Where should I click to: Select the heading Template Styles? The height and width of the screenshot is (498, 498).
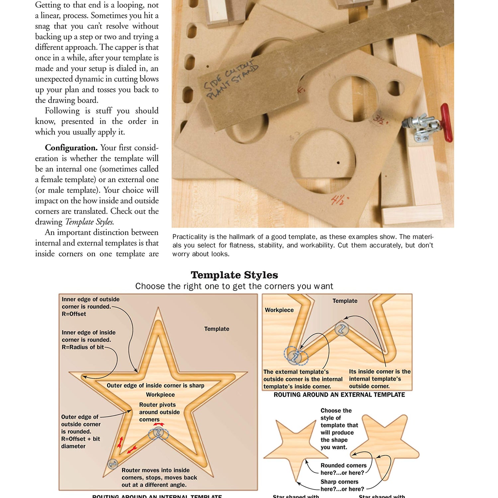point(234,275)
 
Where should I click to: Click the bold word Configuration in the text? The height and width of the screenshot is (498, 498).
point(71,148)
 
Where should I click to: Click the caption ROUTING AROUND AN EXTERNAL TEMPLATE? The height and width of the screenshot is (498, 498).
point(339,395)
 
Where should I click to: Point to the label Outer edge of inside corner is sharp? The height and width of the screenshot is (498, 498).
point(155,385)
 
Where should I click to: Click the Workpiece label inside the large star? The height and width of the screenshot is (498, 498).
point(160,395)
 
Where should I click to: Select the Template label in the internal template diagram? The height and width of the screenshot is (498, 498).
point(216,329)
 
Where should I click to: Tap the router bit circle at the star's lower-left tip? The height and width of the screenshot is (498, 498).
point(113,464)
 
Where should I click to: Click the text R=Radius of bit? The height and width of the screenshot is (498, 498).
point(83,347)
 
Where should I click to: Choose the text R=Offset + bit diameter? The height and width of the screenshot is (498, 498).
point(80,443)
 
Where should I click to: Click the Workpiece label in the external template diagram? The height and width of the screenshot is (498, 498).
point(279,310)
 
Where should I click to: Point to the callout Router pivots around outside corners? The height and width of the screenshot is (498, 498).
point(159,412)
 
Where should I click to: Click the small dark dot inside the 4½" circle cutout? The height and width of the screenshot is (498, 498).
point(338,163)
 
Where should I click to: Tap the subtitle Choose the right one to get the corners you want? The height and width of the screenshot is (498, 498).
point(234,286)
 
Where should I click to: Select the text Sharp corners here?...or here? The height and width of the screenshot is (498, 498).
point(342,485)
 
